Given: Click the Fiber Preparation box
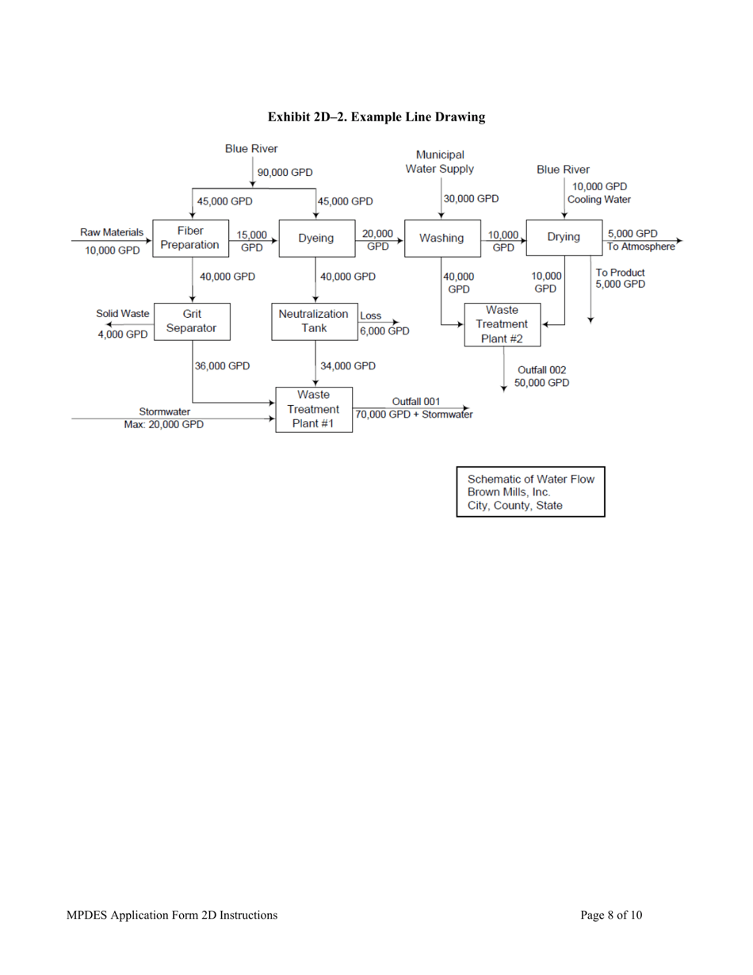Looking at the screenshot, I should [189, 238].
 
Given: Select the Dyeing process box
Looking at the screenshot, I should [315, 238].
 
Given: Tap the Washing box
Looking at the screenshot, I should [441, 238].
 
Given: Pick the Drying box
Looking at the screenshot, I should [563, 237].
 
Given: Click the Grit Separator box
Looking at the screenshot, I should [192, 321].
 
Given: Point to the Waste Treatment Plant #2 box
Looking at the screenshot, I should [502, 324].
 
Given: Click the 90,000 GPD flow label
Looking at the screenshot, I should [285, 172].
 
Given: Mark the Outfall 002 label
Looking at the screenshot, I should [542, 369].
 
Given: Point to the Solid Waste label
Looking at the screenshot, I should [123, 314].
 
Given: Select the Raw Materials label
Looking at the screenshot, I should [112, 232].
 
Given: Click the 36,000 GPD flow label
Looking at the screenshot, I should [222, 365].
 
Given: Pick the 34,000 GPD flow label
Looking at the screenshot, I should [347, 365].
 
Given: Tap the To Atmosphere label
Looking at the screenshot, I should [640, 247].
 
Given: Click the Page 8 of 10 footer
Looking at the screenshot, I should [610, 915].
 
